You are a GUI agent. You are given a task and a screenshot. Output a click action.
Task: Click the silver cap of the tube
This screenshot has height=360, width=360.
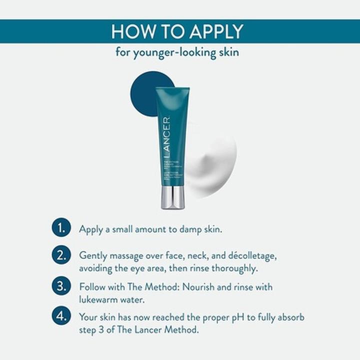click(173, 197)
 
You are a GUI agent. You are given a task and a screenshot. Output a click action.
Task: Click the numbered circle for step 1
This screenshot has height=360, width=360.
click(60, 229)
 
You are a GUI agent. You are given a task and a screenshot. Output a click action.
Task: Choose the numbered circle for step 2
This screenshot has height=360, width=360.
click(60, 255)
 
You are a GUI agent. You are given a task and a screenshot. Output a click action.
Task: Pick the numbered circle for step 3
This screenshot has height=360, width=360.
click(60, 287)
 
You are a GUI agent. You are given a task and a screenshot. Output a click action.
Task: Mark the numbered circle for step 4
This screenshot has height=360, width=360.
click(60, 317)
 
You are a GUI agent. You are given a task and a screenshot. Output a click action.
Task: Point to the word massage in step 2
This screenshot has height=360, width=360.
click(128, 256)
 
